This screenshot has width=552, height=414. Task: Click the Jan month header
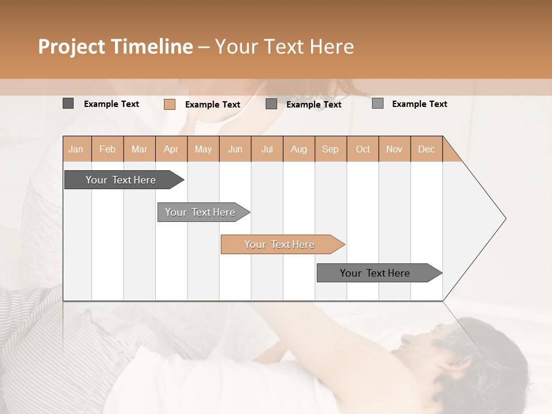point(76,149)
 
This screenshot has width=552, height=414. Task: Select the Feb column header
point(108,149)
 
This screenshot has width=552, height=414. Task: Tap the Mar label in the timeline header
point(139,149)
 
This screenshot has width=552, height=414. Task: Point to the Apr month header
point(171,149)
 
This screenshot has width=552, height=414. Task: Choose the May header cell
point(203,149)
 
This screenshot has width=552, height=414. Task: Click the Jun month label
point(235,149)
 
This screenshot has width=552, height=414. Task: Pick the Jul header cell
point(267,149)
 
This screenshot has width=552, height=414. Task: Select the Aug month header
point(298,149)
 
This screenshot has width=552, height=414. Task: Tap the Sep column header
point(330,149)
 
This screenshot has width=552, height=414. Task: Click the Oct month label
point(363,149)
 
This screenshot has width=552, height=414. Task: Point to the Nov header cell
point(394,149)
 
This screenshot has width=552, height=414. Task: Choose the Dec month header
point(426,149)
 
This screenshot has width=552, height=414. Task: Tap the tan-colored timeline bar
point(280,244)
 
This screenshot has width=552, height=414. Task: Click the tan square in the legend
point(170,104)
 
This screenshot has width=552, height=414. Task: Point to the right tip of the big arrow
point(505,218)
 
